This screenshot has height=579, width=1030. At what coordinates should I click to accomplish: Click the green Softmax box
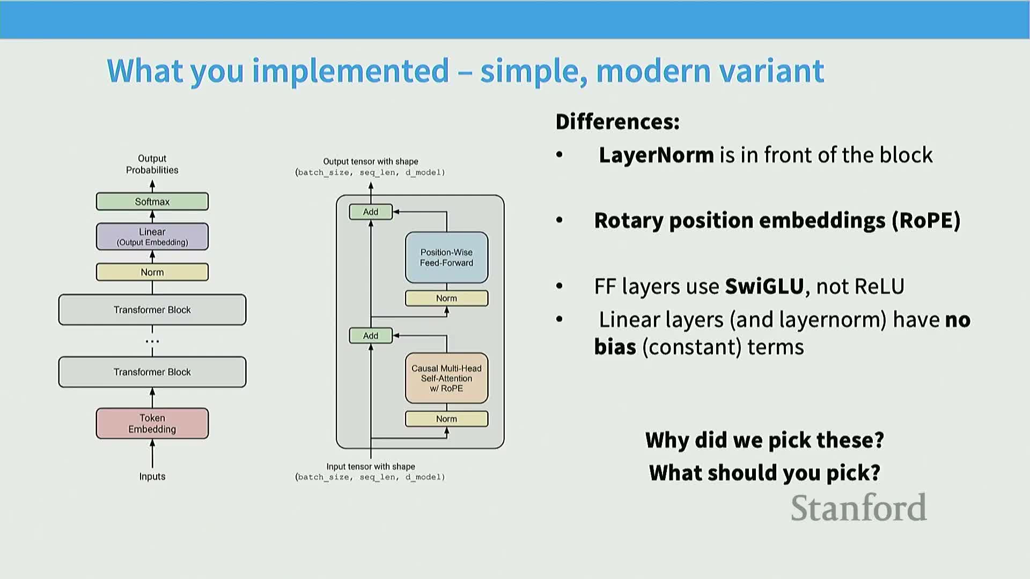point(152,202)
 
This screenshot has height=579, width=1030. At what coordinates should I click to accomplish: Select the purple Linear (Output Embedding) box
point(152,236)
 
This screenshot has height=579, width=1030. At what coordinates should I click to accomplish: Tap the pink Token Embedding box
point(152,424)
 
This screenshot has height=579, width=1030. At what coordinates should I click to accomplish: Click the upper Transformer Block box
point(152,310)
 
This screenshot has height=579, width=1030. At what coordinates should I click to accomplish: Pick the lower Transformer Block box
point(152,372)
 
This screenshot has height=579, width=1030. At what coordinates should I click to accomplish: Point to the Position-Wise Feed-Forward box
point(446,258)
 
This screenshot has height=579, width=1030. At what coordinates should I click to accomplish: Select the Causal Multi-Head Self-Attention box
point(446,378)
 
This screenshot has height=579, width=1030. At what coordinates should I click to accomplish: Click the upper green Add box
point(371,212)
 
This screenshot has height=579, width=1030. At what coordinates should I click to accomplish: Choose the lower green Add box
point(371,336)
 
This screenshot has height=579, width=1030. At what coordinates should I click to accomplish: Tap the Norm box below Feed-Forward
point(446,298)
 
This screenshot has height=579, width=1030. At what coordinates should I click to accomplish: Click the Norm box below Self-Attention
point(446,419)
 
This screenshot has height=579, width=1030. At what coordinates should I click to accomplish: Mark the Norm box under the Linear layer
point(152,272)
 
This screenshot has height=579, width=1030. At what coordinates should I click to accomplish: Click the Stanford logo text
point(858,508)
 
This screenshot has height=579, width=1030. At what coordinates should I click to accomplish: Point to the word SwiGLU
point(764,287)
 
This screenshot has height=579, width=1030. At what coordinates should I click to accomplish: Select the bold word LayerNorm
point(656,155)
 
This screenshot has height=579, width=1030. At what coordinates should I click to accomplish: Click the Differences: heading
point(617,122)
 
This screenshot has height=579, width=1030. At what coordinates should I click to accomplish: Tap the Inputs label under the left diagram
point(152,477)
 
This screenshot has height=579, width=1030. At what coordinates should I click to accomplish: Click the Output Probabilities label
point(152,164)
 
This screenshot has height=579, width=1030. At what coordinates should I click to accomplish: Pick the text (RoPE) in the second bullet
point(926,221)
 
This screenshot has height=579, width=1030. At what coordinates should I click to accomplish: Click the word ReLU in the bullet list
point(879,287)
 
